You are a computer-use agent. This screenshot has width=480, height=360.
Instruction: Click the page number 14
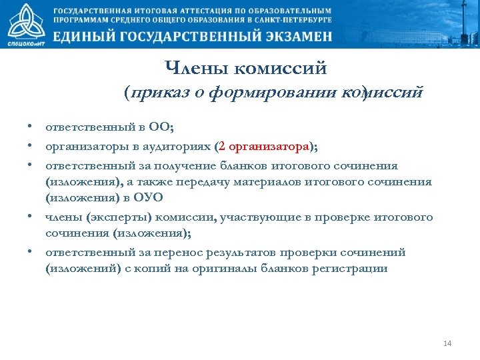point(447,343)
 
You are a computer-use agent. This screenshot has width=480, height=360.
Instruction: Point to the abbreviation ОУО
point(149,198)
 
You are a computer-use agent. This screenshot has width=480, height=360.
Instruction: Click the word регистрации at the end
point(354,269)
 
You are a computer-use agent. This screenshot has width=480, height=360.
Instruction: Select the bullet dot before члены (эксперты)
point(31,217)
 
